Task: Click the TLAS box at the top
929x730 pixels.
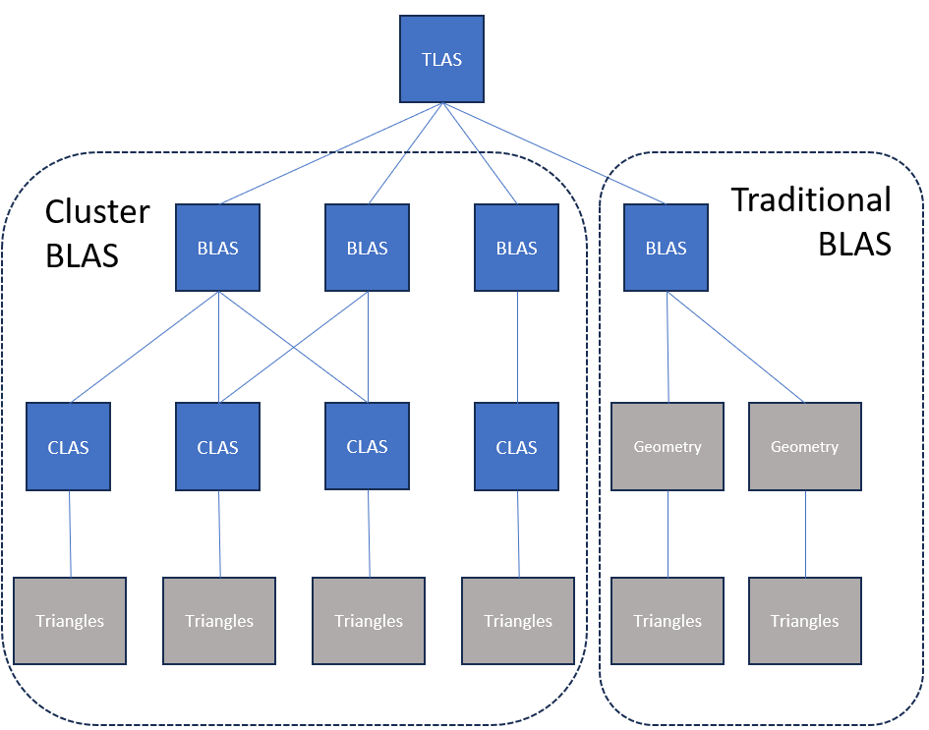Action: (441, 59)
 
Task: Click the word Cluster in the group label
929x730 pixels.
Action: (97, 211)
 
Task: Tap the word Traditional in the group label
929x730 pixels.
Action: (810, 199)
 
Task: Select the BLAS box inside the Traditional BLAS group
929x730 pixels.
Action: (666, 248)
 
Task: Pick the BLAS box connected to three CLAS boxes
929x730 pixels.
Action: (217, 248)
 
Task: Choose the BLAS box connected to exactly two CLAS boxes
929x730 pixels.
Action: (367, 248)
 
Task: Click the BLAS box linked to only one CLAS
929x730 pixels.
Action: (516, 248)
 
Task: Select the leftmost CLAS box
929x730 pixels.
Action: (68, 447)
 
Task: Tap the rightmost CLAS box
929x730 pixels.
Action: (516, 447)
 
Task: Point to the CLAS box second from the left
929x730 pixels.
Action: (217, 447)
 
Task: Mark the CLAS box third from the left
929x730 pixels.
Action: (367, 447)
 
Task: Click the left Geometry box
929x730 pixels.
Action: (668, 446)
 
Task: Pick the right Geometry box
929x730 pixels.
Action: (804, 446)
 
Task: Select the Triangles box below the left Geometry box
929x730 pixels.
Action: (668, 621)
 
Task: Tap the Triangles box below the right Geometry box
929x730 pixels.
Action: (804, 621)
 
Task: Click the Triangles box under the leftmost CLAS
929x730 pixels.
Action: (70, 621)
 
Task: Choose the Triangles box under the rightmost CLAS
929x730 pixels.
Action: (518, 621)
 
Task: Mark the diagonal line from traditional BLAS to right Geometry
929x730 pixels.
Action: (737, 348)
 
